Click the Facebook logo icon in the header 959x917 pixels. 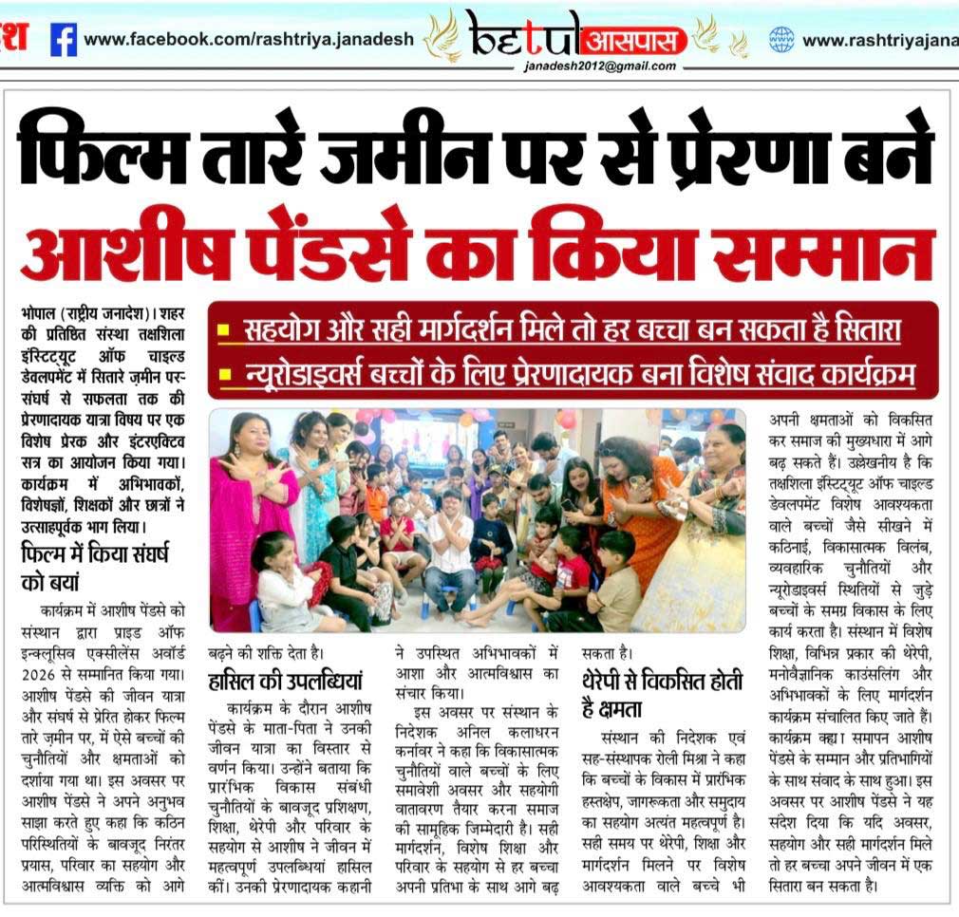64,40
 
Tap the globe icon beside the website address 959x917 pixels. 781,39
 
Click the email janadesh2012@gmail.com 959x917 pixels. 600,65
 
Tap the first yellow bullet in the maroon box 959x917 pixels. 224,331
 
